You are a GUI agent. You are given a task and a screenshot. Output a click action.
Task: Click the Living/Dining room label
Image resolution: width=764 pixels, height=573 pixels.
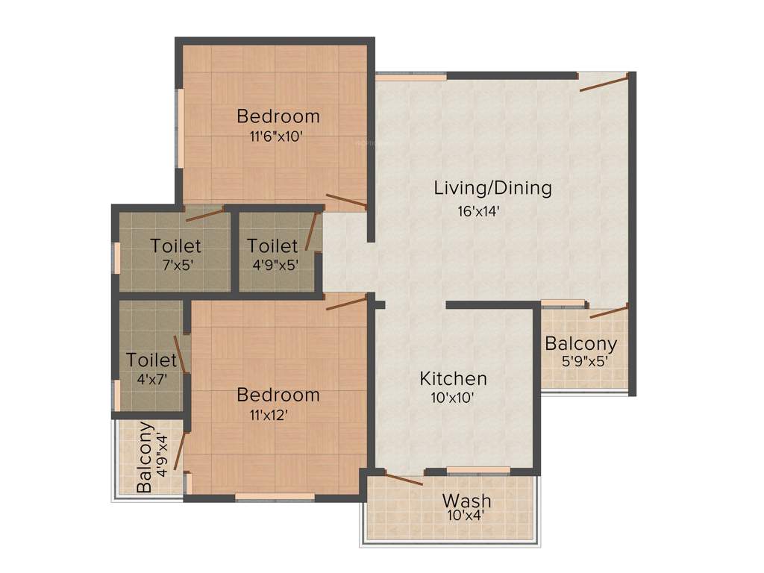(492, 188)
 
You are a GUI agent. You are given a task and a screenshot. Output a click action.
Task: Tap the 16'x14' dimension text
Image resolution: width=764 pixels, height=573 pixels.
(478, 211)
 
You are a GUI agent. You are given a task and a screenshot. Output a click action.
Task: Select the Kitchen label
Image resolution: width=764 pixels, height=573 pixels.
(453, 378)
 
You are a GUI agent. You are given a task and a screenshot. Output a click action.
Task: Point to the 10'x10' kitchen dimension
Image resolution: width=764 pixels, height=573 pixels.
(453, 398)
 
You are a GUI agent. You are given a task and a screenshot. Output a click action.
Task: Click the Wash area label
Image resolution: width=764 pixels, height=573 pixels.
(466, 499)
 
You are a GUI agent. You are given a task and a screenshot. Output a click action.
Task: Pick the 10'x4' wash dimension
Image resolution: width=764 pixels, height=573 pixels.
(466, 514)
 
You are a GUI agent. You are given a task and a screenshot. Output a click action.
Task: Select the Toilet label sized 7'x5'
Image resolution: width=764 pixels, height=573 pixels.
(175, 245)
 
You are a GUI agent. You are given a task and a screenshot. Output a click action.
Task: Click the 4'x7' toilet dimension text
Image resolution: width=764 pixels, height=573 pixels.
(151, 379)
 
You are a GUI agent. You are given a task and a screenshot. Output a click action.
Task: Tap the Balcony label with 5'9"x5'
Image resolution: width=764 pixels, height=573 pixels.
(580, 344)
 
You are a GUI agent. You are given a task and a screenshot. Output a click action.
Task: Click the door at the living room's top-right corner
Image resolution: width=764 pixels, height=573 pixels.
(604, 82)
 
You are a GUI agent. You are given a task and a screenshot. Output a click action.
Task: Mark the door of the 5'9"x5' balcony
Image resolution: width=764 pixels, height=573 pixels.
(609, 312)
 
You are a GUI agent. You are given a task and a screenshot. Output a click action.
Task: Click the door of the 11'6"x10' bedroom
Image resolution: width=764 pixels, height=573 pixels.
(345, 200)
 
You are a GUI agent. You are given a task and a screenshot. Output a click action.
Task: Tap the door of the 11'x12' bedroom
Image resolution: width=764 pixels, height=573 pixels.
(347, 301)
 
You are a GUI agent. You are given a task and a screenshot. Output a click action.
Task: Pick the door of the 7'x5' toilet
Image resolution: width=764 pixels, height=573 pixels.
(204, 216)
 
